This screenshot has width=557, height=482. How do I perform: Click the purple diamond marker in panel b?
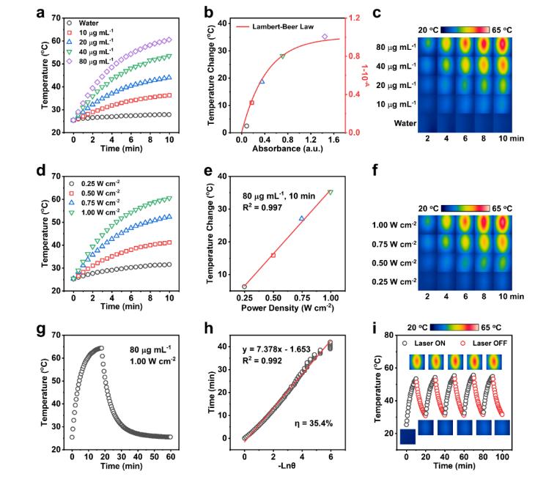325,37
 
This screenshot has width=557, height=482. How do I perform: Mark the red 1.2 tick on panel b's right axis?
354,18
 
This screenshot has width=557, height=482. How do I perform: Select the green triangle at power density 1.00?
330,193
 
